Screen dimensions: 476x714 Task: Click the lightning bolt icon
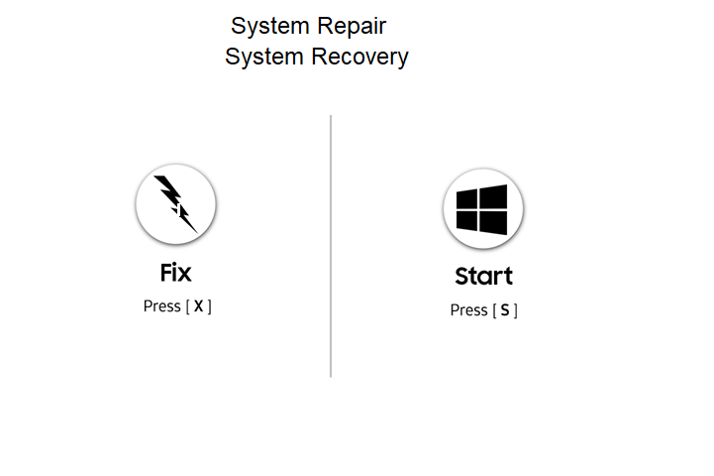(x=175, y=204)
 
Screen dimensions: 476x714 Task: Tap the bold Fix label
(x=175, y=272)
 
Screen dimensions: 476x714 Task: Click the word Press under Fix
(x=161, y=306)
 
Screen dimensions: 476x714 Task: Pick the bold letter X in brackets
(x=198, y=306)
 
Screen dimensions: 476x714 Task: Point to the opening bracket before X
(x=187, y=306)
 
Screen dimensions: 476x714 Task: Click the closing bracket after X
(x=209, y=306)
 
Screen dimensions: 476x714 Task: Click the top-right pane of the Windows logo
(x=494, y=195)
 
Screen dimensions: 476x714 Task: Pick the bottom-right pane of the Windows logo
(x=494, y=224)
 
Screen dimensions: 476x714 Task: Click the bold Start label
(x=483, y=276)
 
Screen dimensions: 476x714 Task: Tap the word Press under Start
(x=468, y=310)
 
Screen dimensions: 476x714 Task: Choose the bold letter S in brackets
(x=505, y=310)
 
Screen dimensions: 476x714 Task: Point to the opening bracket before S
(x=494, y=310)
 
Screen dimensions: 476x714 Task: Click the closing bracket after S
(x=515, y=310)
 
